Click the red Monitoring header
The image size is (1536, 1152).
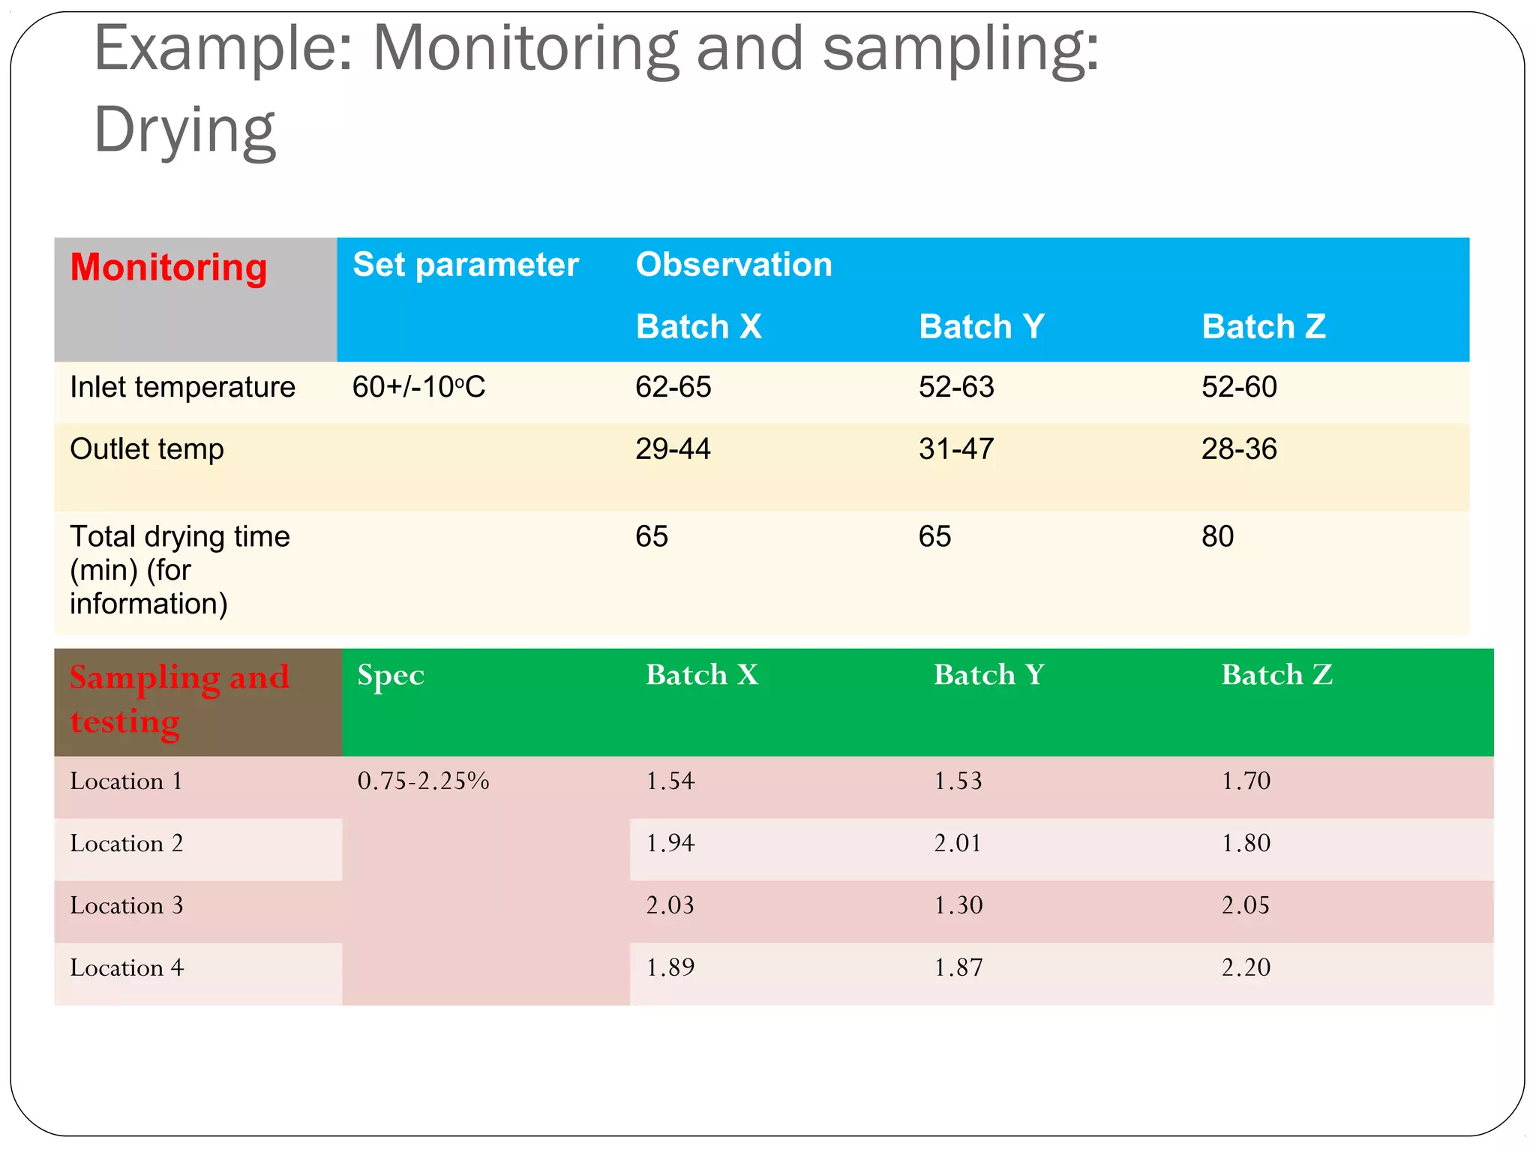pos(169,268)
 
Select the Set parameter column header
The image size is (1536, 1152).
pos(465,265)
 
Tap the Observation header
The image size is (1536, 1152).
pos(733,265)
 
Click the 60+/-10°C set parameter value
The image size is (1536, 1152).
pos(418,387)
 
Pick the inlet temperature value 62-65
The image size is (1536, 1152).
pos(673,387)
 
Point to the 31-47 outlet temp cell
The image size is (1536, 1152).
pos(956,449)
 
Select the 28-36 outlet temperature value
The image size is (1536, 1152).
pos(1239,449)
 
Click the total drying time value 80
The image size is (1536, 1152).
pos(1217,537)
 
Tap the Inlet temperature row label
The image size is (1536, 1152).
pos(182,387)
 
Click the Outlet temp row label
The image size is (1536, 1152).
pos(147,449)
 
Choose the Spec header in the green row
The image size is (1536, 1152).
pos(391,675)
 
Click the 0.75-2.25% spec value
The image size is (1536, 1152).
pos(423,781)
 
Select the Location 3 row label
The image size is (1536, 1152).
pos(127,905)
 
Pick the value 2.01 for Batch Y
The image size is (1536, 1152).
pos(958,843)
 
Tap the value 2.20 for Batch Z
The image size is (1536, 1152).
pos(1246,967)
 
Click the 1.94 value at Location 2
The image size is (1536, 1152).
pos(670,843)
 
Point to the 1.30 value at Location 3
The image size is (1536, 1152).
pos(958,905)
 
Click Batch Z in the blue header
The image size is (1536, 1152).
pos(1264,327)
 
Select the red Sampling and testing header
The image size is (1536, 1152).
pos(179,699)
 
